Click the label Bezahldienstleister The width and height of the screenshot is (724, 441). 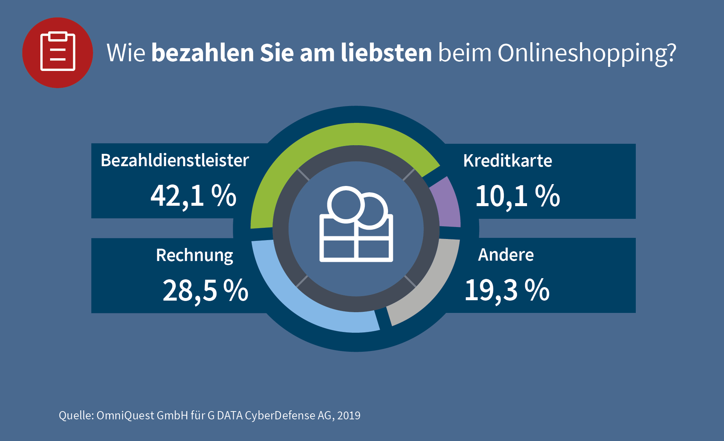click(175, 161)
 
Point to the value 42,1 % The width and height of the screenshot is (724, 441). click(193, 196)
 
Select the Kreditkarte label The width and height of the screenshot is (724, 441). click(507, 161)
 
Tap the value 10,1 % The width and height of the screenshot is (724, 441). click(517, 196)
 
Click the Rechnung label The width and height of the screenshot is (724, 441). click(194, 255)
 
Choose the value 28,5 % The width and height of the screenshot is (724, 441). click(205, 291)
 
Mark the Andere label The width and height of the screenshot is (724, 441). click(506, 255)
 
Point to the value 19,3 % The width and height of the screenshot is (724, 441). click(507, 290)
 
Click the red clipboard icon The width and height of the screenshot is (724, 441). click(58, 53)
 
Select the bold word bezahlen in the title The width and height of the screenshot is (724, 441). click(203, 53)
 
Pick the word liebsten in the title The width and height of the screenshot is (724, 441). click(386, 53)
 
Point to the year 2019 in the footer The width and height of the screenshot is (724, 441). click(349, 416)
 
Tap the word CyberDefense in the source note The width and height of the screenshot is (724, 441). click(280, 416)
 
